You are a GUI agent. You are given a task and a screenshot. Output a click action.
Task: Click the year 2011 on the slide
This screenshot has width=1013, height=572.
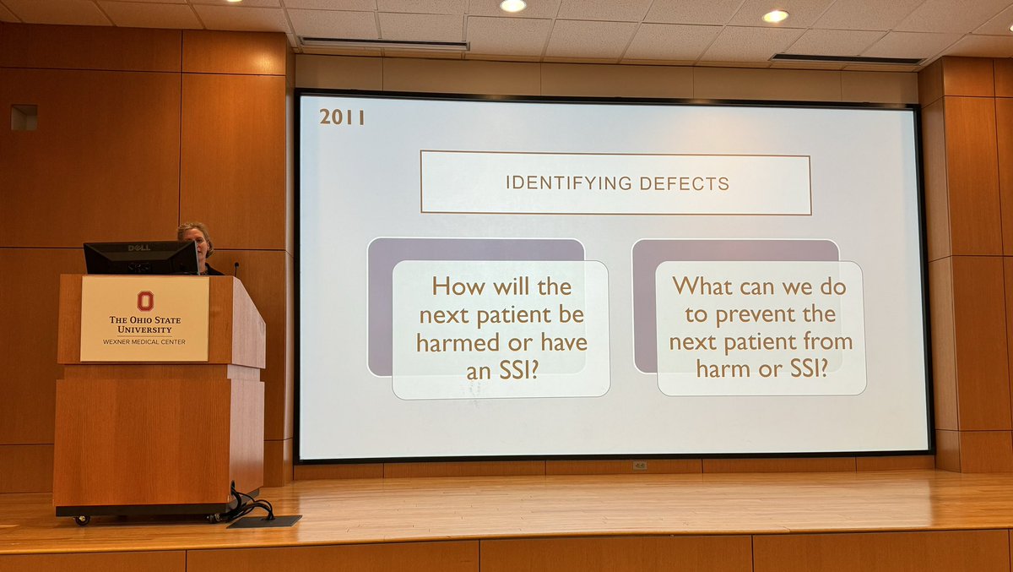tap(342, 117)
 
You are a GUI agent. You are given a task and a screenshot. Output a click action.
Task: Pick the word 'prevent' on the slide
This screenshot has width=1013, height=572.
tap(755, 314)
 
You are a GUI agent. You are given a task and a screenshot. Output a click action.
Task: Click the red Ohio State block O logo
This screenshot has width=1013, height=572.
tap(144, 300)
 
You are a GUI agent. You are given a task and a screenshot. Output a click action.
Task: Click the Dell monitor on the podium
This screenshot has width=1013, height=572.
tap(140, 258)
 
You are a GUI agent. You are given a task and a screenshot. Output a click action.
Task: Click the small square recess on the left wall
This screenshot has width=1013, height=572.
tap(24, 117)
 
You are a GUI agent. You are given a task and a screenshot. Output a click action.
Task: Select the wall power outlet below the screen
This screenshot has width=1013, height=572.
tap(639, 465)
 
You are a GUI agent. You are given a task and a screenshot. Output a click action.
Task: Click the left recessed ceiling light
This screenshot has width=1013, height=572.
tap(512, 6)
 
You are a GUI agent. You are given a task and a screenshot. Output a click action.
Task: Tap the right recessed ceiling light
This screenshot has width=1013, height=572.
tap(774, 15)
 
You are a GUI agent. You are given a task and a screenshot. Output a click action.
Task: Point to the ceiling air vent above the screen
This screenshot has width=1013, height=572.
tap(384, 43)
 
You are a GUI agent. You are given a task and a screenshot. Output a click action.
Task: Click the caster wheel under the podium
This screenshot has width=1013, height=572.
tap(83, 520)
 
